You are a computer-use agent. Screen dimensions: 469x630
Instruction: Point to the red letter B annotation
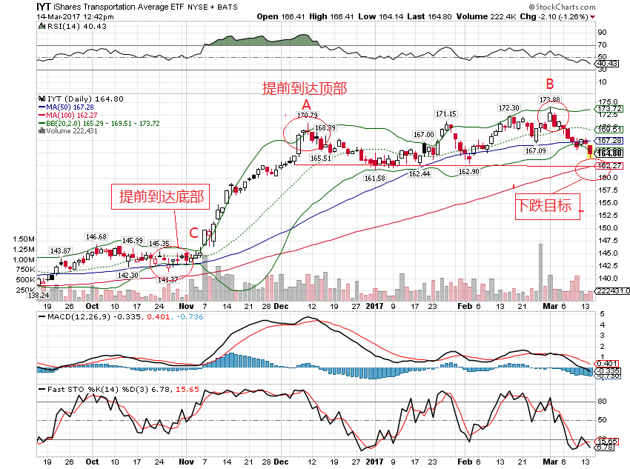550,82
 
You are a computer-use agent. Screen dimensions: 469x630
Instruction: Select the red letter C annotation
193,233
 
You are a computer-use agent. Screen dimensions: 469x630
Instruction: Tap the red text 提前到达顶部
305,88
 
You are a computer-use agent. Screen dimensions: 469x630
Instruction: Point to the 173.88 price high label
549,99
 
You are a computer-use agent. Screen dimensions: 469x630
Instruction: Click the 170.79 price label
307,115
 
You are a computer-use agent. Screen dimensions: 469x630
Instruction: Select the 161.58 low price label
375,178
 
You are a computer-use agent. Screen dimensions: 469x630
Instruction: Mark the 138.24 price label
28,295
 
